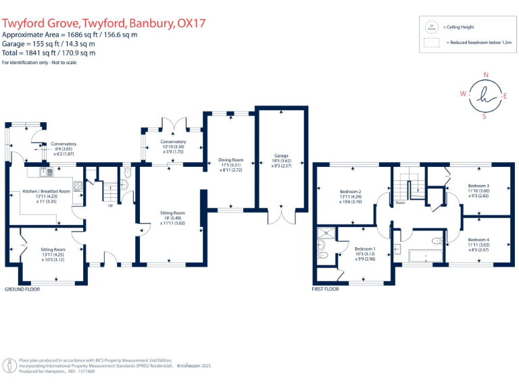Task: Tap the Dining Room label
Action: coord(230,160)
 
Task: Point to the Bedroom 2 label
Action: coord(351,191)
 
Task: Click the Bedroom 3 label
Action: coord(478,185)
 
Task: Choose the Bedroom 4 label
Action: coord(478,240)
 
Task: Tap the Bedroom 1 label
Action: coord(365,249)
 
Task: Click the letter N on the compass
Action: coord(485,75)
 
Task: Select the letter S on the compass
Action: coord(484,116)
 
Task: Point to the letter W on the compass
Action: coord(463,95)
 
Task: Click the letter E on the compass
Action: coord(505,96)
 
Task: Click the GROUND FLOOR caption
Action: coord(22,288)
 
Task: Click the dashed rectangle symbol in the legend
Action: coord(431,42)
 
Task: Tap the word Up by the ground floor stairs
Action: coord(110,206)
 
